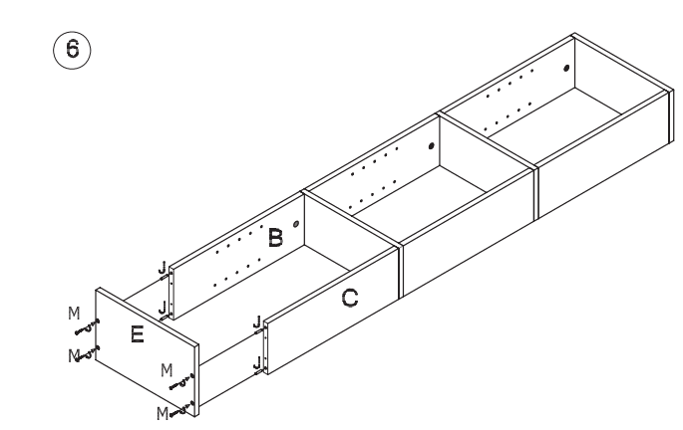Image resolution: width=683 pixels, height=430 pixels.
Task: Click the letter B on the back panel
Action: click(275, 237)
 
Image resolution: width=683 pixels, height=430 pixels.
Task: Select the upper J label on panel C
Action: click(256, 322)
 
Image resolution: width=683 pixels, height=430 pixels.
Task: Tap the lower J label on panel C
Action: click(256, 360)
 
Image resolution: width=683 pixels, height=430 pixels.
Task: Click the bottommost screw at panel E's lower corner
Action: click(181, 406)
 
